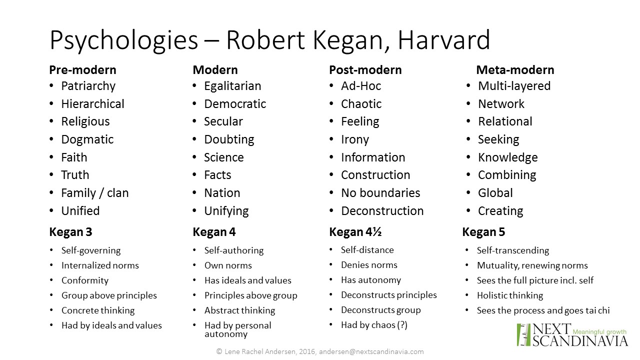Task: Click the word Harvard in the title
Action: coord(443,40)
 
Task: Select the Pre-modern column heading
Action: coord(82,69)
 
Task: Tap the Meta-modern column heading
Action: coord(515,69)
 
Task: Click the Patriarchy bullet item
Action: coord(88,86)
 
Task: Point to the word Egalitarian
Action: coord(232,86)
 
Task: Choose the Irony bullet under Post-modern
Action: coord(355,139)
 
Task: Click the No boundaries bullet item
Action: coord(380,193)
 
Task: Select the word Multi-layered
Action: coord(514,86)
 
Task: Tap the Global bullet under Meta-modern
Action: coord(495,193)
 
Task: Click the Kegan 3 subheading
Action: coord(70,232)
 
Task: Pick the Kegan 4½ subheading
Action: coord(355,232)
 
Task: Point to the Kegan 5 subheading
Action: coord(483,232)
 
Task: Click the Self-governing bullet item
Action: coord(91,250)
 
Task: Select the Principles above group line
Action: coord(251,295)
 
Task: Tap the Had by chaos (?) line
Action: coord(374,325)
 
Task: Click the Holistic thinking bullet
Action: coord(510,295)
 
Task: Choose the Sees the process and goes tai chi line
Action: coord(543,310)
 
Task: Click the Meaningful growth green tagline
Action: coord(599,331)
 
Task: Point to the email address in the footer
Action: coord(371,351)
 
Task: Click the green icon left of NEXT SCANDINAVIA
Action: coord(523,335)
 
